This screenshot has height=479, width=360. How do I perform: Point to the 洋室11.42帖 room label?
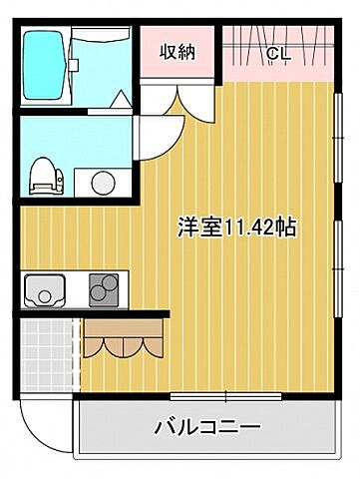pyautogui.click(x=237, y=227)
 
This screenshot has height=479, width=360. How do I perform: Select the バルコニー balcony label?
pyautogui.click(x=207, y=427)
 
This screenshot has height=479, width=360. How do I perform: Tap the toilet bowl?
pyautogui.click(x=43, y=174)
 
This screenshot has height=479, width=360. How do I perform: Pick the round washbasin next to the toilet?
pyautogui.click(x=102, y=182)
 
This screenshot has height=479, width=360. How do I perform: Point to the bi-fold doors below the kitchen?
pyautogui.click(x=124, y=339)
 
